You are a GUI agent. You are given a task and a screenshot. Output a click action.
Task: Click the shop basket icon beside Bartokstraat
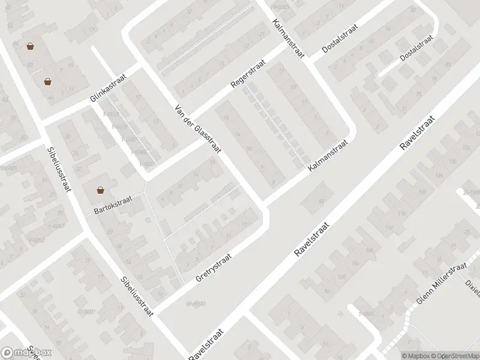tap(101, 190)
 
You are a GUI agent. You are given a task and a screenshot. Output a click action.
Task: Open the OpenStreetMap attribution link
tap(457, 355)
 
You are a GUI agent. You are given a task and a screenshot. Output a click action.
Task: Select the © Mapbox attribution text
tap(418, 355)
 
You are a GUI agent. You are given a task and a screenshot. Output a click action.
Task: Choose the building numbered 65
tap(322, 201)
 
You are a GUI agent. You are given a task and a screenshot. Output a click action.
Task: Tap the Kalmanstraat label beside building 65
tap(329, 157)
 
